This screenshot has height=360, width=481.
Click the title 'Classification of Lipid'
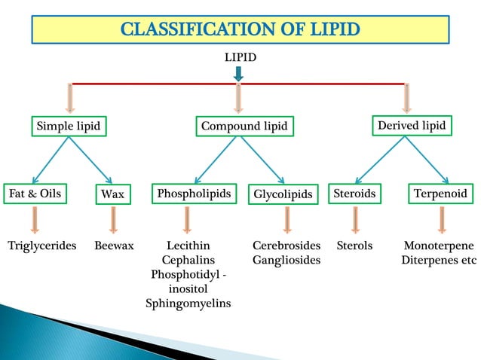tap(240, 30)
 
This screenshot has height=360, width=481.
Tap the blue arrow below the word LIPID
tap(238, 74)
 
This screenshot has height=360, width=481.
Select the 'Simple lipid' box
tap(69, 127)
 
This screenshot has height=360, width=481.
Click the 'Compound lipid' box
tap(244, 127)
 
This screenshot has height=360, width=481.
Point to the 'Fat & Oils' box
tap(34, 194)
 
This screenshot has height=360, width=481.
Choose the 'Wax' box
tap(112, 195)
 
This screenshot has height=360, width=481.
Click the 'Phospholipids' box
tap(194, 194)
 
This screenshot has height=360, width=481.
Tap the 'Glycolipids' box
tap(283, 195)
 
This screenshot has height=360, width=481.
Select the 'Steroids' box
tap(354, 194)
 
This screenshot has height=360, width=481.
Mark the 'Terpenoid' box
tap(440, 194)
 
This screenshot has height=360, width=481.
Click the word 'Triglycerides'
tap(42, 246)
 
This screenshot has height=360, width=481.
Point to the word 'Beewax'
tap(114, 246)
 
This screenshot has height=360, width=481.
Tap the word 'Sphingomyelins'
tap(188, 304)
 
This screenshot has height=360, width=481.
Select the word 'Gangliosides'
tap(286, 260)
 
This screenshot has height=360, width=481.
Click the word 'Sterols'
tap(354, 246)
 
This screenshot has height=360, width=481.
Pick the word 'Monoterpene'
tap(439, 246)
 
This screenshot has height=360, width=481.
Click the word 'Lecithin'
tap(188, 246)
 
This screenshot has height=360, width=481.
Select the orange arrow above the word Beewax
tap(113, 220)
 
